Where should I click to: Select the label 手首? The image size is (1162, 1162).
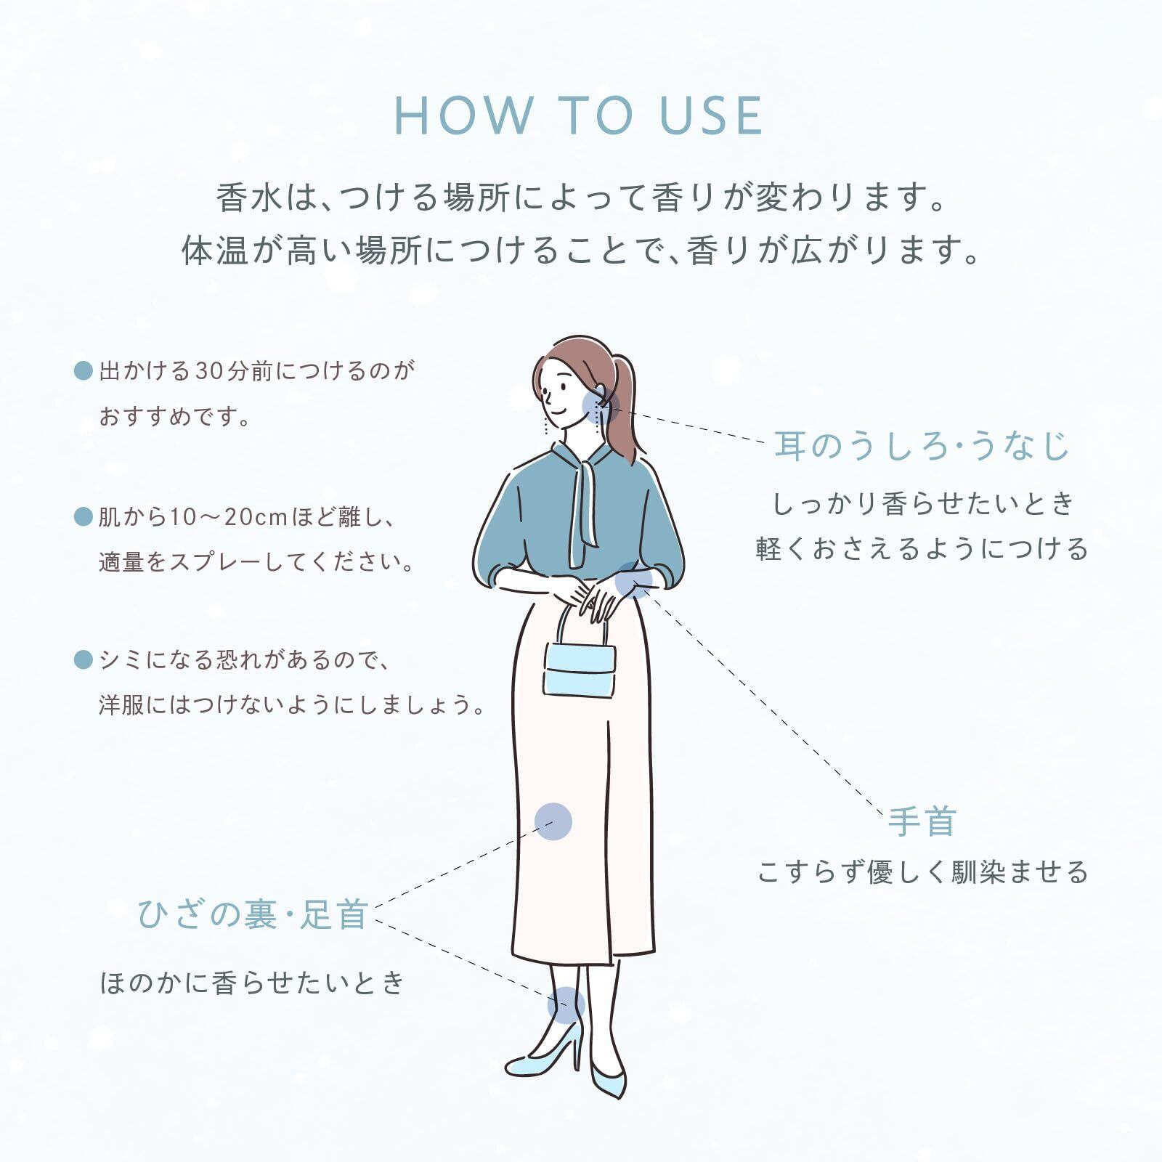point(922,821)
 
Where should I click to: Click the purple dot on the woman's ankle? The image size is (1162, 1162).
point(566,1005)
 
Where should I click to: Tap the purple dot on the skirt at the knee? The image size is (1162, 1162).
point(553,821)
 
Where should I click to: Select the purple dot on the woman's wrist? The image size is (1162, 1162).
point(633,580)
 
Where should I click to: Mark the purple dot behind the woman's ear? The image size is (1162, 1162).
point(600,406)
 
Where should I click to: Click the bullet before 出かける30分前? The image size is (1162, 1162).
point(84,371)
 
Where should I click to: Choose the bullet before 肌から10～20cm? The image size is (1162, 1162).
point(84,517)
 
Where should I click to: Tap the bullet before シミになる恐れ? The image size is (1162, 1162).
point(84,660)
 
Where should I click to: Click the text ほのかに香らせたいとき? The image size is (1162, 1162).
point(252,983)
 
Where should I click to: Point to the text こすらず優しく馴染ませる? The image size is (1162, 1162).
point(922,872)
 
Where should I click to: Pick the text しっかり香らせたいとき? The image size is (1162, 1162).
point(922,504)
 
